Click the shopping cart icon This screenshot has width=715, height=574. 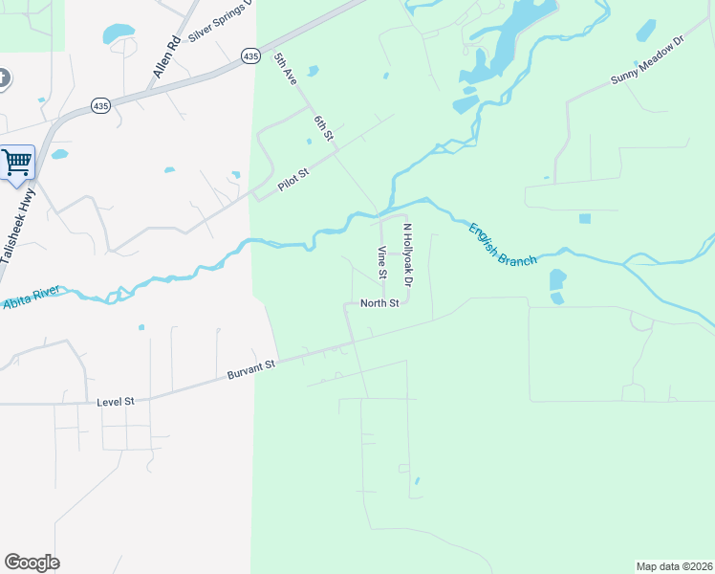pos(16,162)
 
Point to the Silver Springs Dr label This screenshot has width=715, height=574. pos(221,21)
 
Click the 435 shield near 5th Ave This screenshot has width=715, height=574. pos(250,56)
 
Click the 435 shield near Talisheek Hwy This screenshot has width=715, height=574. pos(100,105)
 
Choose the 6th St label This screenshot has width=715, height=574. pos(325,129)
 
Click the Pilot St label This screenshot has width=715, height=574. pos(294,180)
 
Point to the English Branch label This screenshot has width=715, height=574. pos(502,244)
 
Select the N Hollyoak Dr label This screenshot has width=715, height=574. pos(406,255)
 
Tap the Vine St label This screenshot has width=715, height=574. pos(381,262)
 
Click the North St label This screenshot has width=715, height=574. pos(379,303)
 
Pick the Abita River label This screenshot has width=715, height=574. pos(32,297)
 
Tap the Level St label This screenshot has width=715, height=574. pos(116,403)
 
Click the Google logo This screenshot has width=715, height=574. pos(32,563)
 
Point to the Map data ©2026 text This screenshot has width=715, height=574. pos(674,566)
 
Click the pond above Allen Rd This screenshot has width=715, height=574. pos(119,33)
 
